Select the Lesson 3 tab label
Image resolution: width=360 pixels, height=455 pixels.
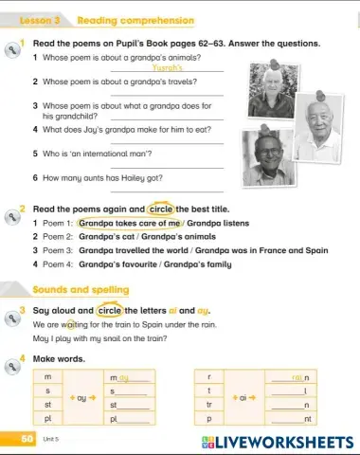tap(38, 19)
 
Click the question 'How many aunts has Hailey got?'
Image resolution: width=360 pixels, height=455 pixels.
tap(102, 177)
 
